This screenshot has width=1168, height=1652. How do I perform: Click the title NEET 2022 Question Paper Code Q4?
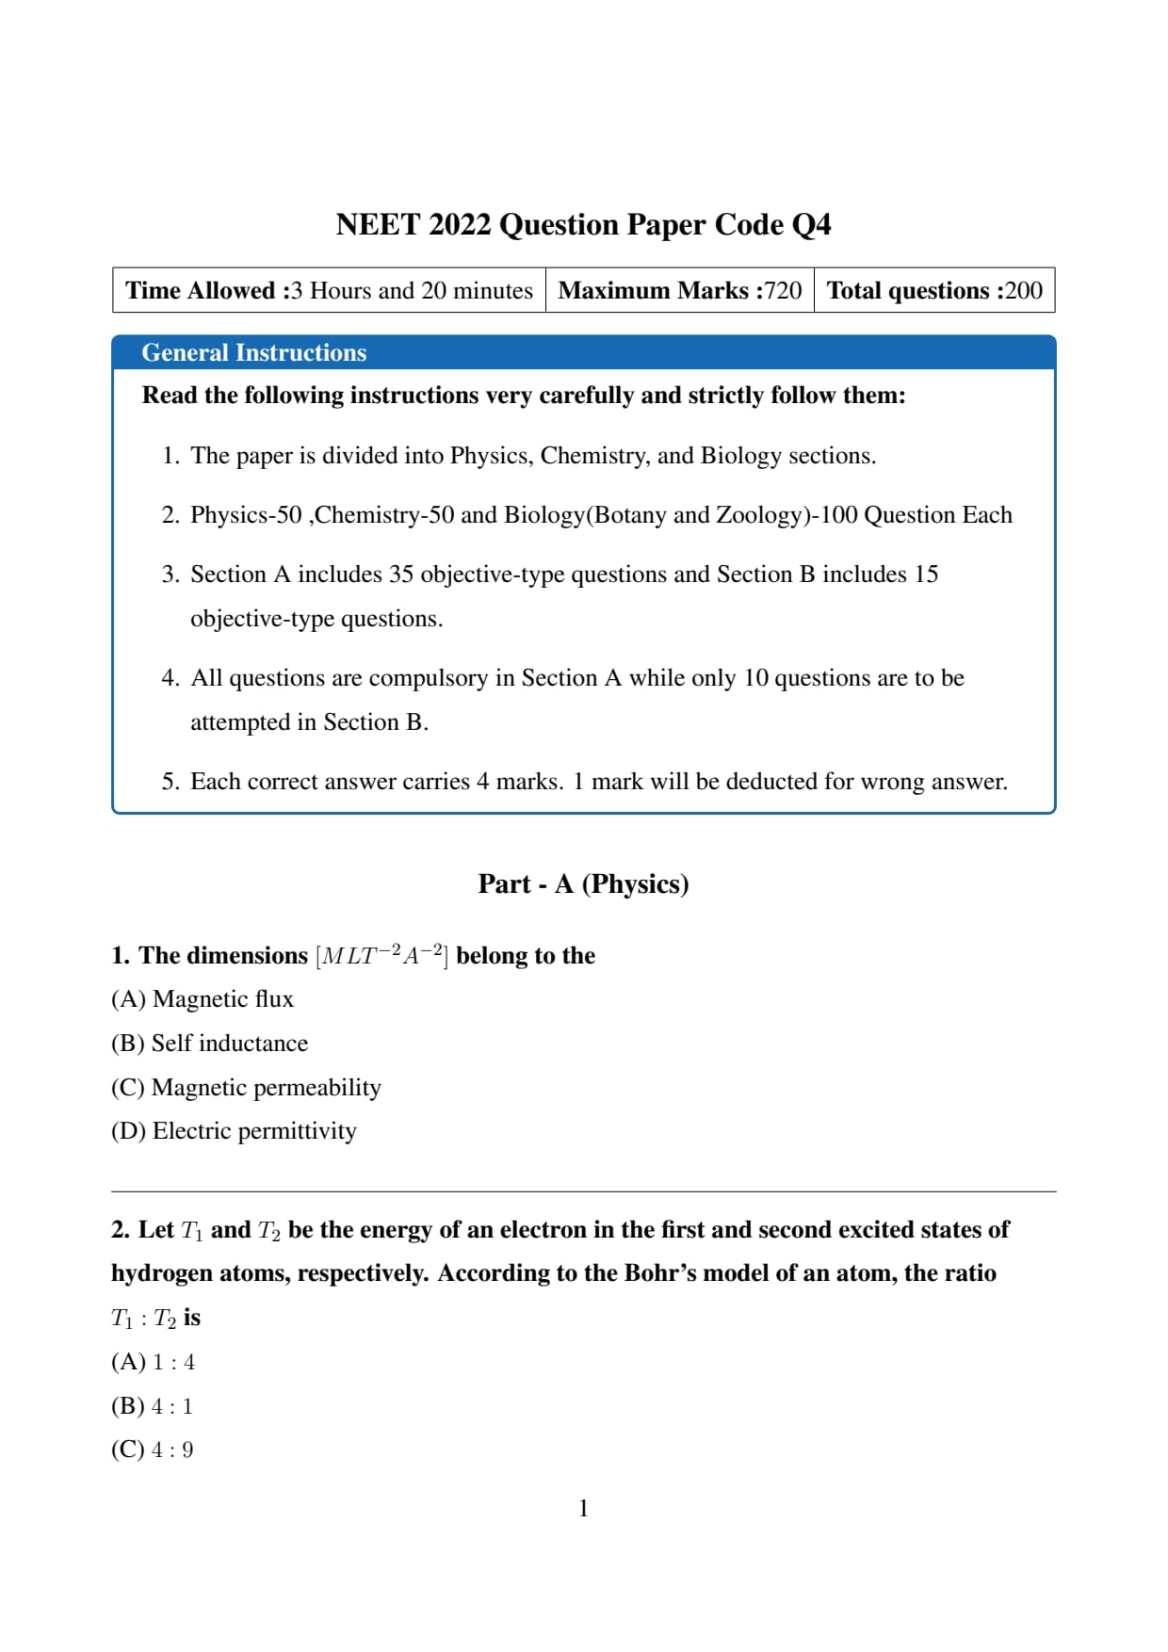click(583, 225)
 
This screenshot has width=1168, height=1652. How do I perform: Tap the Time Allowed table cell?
click(329, 290)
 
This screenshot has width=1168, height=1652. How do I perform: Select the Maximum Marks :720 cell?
click(679, 290)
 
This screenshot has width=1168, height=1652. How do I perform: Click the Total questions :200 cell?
click(934, 290)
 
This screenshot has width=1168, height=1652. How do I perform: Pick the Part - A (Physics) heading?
click(583, 883)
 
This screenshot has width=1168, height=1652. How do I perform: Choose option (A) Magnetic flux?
click(203, 999)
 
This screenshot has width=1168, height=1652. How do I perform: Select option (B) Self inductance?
click(209, 1044)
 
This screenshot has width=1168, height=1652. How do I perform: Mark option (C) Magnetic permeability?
click(246, 1088)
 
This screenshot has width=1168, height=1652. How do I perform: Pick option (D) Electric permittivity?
click(234, 1131)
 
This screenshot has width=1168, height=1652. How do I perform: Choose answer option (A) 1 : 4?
click(153, 1362)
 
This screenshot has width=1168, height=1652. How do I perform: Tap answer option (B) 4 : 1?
click(153, 1406)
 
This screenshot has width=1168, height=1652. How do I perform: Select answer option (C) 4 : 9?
click(153, 1450)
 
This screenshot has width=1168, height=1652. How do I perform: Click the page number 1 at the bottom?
click(583, 1509)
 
